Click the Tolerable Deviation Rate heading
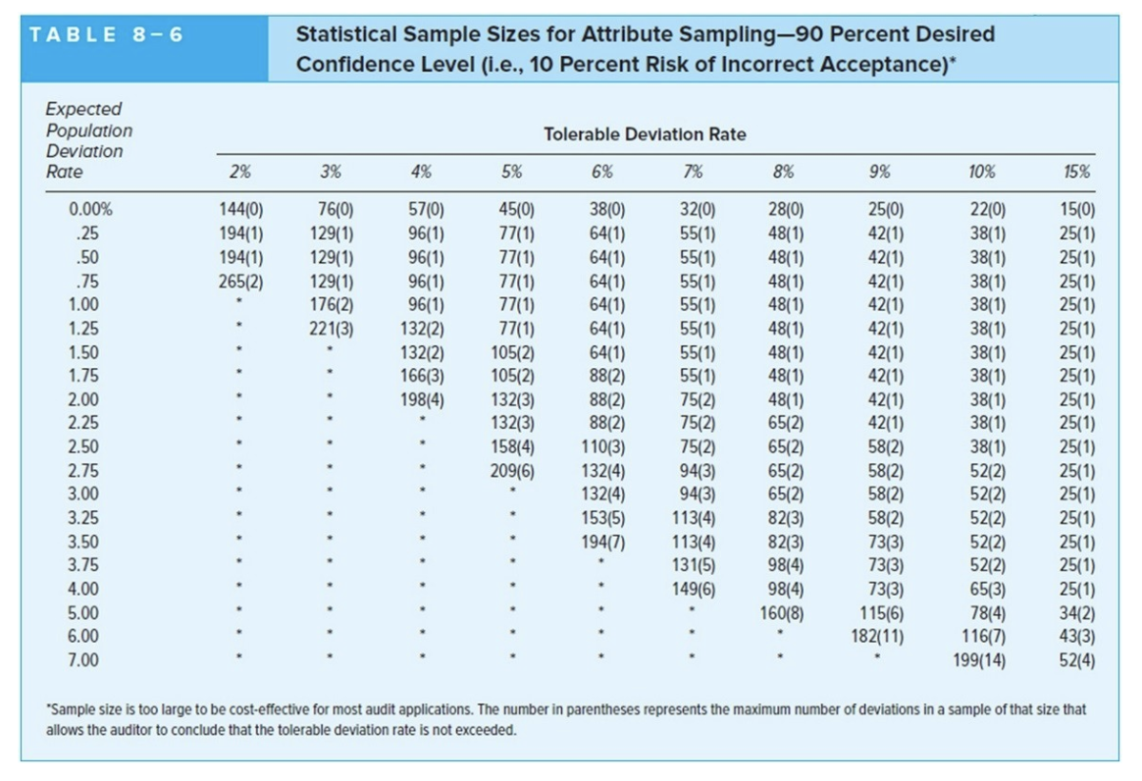[644, 134]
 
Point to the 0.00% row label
[90, 208]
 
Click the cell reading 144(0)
[240, 208]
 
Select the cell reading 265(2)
[240, 279]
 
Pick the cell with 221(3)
[331, 327]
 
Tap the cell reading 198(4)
[422, 398]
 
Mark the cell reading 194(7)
[603, 541]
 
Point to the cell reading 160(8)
[784, 612]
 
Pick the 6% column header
[603, 171]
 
